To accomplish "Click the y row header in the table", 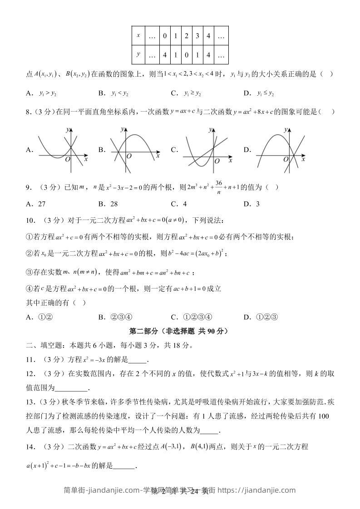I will [138, 55].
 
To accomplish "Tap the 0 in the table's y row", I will [187, 55].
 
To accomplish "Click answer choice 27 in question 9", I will [40, 204].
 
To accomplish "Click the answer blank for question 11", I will [138, 360].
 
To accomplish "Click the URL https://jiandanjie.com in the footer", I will [257, 490].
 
